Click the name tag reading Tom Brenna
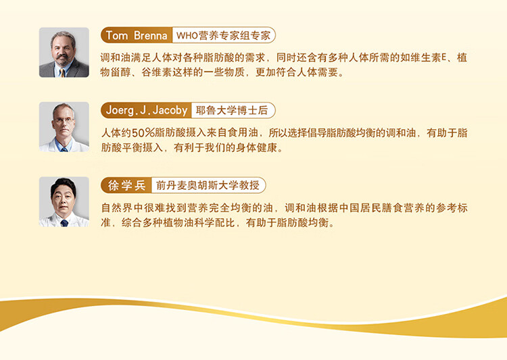pyautogui.click(x=137, y=35)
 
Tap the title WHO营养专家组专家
pyautogui.click(x=224, y=35)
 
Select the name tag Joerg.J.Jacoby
pyautogui.click(x=147, y=111)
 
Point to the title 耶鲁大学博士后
pyautogui.click(x=232, y=111)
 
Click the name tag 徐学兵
pyautogui.click(x=126, y=186)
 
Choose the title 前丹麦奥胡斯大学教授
pyautogui.click(x=208, y=186)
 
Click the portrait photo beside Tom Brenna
pyautogui.click(x=64, y=53)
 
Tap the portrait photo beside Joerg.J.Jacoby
pyautogui.click(x=64, y=127)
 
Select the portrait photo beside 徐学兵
pyautogui.click(x=64, y=202)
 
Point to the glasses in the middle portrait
pyautogui.click(x=64, y=120)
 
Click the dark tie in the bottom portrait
pyautogui.click(x=64, y=223)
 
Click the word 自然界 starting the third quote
pyautogui.click(x=117, y=208)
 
